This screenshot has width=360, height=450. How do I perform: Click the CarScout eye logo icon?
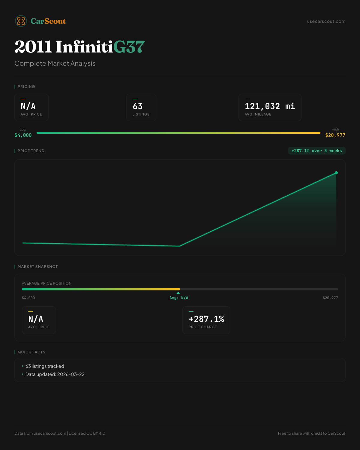(x=21, y=21)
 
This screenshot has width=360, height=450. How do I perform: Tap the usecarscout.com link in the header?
(x=326, y=21)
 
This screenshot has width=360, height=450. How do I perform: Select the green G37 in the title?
(x=129, y=46)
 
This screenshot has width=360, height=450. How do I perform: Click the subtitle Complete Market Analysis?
(x=55, y=63)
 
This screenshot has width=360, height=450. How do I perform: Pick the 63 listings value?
(x=138, y=106)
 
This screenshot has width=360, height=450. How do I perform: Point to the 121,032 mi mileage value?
(x=270, y=106)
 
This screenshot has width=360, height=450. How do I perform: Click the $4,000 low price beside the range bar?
(x=23, y=135)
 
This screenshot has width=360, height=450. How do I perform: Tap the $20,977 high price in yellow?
(x=335, y=135)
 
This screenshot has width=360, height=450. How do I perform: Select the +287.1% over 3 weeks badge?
(x=317, y=151)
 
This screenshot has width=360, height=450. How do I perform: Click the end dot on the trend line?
(x=336, y=173)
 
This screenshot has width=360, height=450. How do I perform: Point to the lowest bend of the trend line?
(x=180, y=246)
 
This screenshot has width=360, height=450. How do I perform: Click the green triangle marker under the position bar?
(x=178, y=293)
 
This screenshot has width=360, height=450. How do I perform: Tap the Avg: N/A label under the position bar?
(x=179, y=298)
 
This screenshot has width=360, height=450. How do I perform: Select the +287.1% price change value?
(x=206, y=319)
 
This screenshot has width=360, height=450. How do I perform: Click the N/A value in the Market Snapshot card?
(x=36, y=319)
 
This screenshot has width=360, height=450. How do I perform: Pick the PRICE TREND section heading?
(x=31, y=151)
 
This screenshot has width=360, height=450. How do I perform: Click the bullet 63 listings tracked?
(x=45, y=366)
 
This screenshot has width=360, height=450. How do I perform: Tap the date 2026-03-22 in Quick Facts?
(x=71, y=374)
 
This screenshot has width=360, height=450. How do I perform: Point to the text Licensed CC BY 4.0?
(x=87, y=433)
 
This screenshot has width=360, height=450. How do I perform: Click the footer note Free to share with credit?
(x=311, y=433)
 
